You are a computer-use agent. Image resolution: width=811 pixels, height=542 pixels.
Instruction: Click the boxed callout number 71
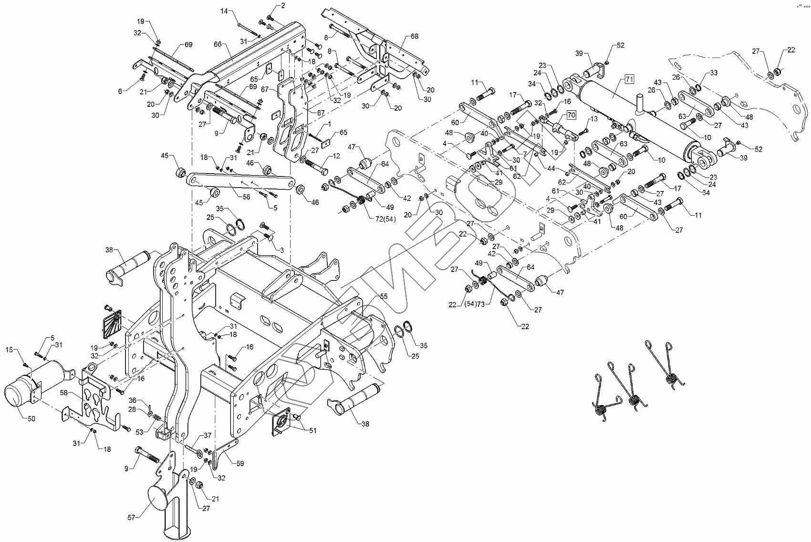point(629,80)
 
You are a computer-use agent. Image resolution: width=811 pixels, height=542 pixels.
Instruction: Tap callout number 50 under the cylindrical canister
point(31,418)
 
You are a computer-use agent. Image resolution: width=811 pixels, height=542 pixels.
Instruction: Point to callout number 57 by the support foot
point(130,517)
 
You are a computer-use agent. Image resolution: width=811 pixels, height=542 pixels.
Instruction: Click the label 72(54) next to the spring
point(383,219)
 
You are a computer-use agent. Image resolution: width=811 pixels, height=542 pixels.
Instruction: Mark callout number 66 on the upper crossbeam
point(218,44)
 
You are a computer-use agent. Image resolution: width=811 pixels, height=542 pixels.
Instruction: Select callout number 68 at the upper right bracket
point(415,37)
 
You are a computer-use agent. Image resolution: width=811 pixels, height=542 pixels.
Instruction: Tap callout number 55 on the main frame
point(384,296)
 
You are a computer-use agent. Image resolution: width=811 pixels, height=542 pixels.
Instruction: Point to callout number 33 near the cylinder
point(714,73)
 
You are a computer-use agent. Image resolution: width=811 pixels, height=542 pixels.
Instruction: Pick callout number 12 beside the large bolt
point(337,156)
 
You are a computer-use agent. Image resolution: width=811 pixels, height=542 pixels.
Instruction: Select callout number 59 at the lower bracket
point(240,463)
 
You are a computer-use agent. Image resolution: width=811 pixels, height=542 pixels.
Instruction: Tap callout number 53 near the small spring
point(140,432)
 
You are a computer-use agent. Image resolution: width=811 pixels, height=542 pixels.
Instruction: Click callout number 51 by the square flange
point(312,431)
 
